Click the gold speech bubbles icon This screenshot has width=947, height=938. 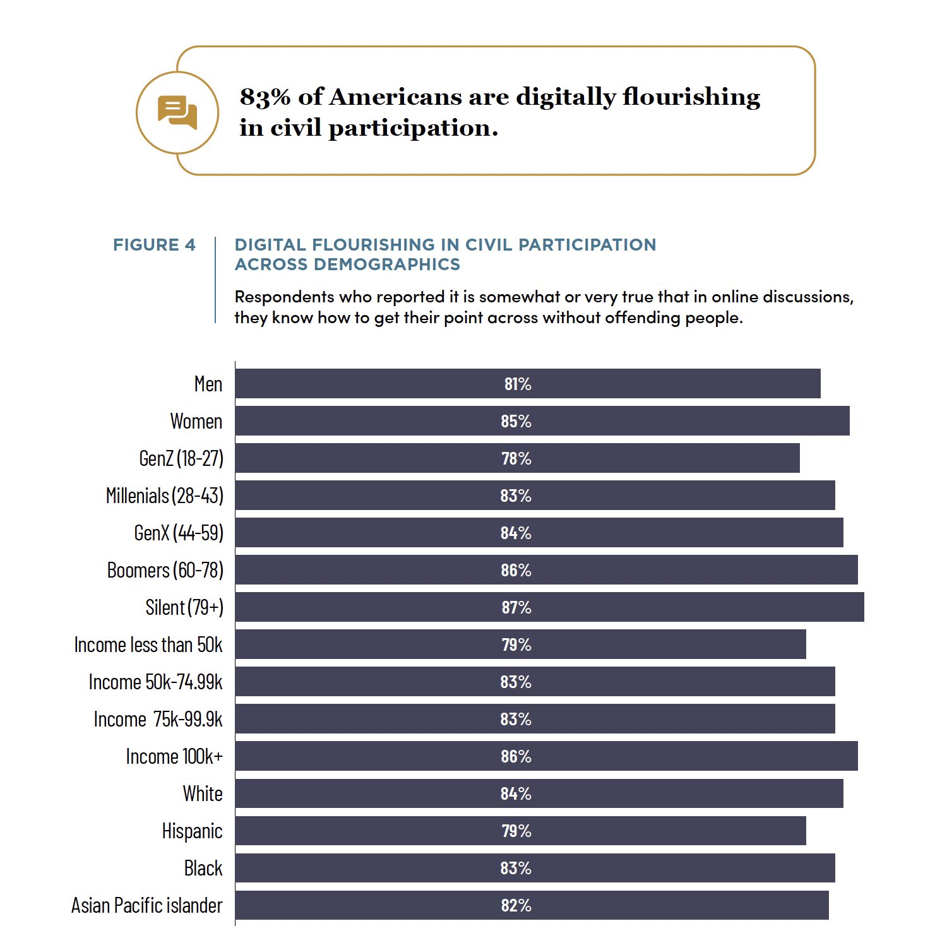tap(177, 112)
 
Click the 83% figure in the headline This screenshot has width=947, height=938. tap(265, 97)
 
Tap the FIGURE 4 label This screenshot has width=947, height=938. tap(154, 245)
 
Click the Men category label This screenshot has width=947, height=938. tap(208, 384)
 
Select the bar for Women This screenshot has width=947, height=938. tap(542, 421)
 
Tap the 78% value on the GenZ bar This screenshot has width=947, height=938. tap(516, 459)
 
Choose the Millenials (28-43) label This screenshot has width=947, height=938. tap(165, 496)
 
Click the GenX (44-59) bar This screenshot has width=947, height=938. tap(539, 533)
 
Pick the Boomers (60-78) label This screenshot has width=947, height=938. tap(165, 570)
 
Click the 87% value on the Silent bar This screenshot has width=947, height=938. tap(516, 608)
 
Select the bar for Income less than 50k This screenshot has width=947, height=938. tap(521, 644)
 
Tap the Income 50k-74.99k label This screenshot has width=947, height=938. tap(155, 682)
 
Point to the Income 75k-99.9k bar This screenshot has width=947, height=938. tap(535, 719)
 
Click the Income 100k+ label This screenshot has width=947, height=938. tap(174, 756)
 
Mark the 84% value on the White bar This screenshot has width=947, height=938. tap(516, 794)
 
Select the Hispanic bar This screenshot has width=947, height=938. tap(521, 831)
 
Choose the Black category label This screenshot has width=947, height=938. tap(203, 868)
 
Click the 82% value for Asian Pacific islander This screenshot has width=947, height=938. tap(516, 906)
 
